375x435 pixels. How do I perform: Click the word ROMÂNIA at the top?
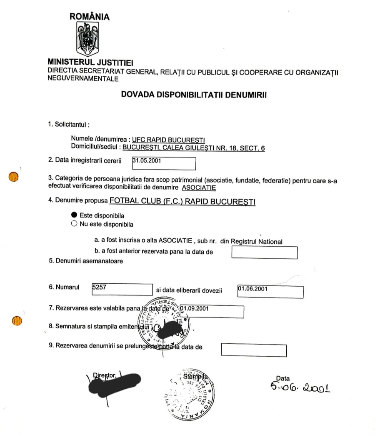tap(90, 17)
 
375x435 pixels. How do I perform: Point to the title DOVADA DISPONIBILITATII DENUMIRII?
tap(194, 94)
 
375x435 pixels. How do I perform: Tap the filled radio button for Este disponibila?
tap(74, 215)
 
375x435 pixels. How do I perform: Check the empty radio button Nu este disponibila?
tap(74, 224)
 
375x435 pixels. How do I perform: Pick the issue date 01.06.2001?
tap(252, 288)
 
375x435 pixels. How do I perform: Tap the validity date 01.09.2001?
tap(195, 309)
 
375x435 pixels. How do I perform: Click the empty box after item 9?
tap(253, 350)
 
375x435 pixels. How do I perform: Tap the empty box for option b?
tap(264, 252)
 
